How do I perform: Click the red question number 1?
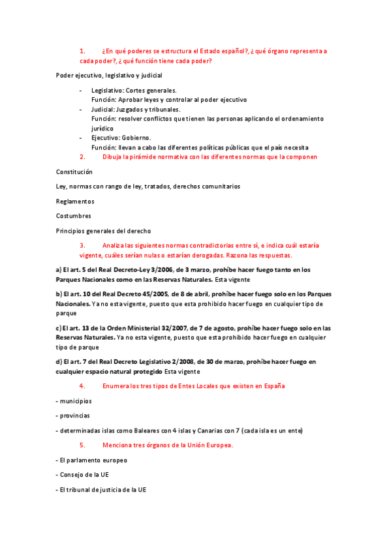click(x=82, y=50)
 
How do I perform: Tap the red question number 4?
click(x=82, y=385)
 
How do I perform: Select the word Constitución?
click(x=74, y=172)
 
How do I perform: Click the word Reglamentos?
click(x=75, y=201)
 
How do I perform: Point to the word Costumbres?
click(x=74, y=215)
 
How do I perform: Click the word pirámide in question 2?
click(x=146, y=157)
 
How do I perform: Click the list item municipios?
click(x=76, y=400)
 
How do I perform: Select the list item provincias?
click(x=75, y=415)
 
